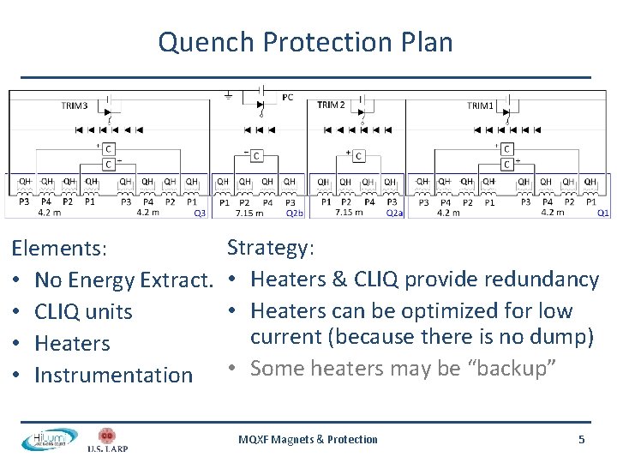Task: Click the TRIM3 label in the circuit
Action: click(75, 106)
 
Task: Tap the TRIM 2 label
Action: click(331, 105)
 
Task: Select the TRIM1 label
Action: click(480, 106)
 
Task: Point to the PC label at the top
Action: click(287, 98)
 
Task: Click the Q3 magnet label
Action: click(200, 213)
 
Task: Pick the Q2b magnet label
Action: click(294, 213)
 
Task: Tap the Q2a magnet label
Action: click(394, 213)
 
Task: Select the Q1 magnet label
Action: click(603, 213)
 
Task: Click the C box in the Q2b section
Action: click(256, 155)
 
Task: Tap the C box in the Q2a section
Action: click(358, 155)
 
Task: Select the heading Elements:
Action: click(59, 249)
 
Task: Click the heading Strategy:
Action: click(271, 247)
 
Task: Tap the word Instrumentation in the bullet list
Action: click(114, 375)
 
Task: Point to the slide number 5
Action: click(581, 439)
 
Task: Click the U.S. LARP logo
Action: click(107, 439)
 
